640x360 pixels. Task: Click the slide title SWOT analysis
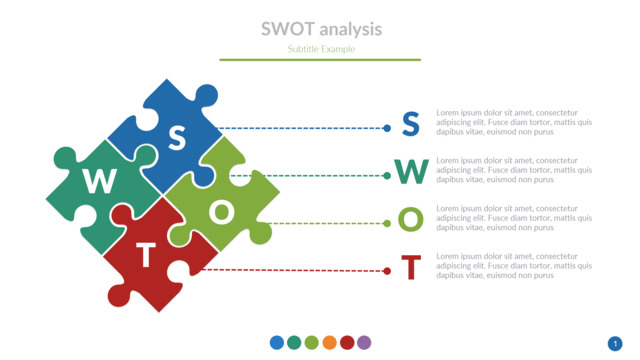click(x=320, y=29)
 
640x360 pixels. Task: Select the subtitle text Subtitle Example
click(x=320, y=49)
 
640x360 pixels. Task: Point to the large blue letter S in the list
click(x=410, y=124)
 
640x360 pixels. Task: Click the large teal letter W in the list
click(x=411, y=173)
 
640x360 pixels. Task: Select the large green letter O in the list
click(x=411, y=220)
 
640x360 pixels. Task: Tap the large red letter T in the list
click(x=410, y=268)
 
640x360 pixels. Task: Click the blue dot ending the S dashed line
click(x=387, y=128)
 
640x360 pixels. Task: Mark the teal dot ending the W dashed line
click(x=387, y=176)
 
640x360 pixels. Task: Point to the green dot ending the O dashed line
click(x=387, y=223)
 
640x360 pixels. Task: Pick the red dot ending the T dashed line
click(x=387, y=271)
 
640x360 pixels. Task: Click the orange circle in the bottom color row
click(x=329, y=343)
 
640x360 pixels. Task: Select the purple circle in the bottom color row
click(x=364, y=343)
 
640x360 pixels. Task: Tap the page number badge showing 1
click(x=615, y=343)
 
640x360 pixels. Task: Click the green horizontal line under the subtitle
click(x=320, y=60)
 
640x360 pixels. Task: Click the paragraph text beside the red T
click(x=514, y=266)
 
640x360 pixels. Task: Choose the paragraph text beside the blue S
click(x=514, y=122)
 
